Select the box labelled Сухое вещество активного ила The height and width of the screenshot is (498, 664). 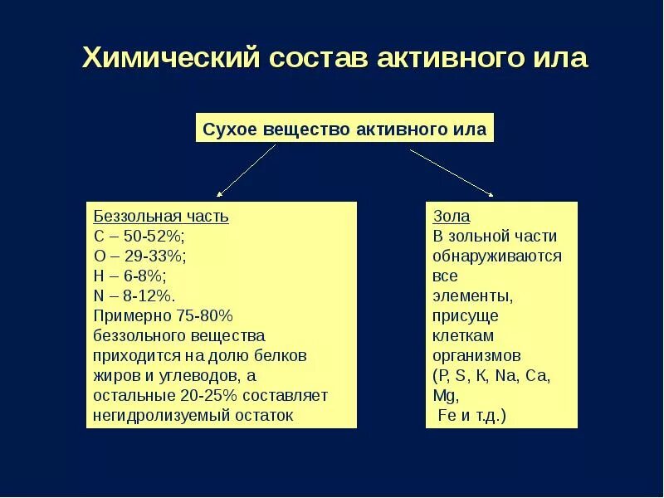pos(344,129)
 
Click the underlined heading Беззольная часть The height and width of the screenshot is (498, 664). pos(161,217)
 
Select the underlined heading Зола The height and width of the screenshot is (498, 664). pos(452,217)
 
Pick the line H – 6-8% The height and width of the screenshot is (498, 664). pos(130,276)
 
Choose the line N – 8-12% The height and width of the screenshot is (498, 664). pos(134,296)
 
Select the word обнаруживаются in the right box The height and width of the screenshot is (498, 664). pos(497,256)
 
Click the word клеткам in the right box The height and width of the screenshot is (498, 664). pos(463,336)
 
